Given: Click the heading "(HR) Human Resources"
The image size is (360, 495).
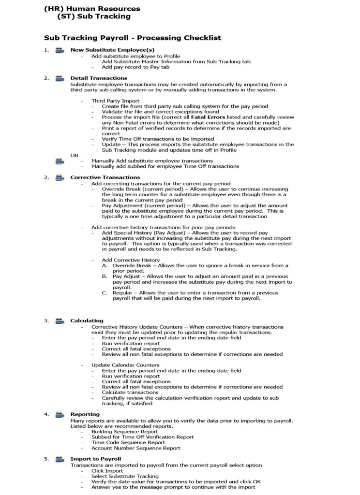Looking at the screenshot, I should [92, 9].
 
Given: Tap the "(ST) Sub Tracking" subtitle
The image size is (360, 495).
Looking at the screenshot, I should [93, 16].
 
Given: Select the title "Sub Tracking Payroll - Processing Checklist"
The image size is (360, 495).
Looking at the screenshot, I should [133, 38].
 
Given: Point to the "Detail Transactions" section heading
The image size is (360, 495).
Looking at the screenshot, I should [99, 78].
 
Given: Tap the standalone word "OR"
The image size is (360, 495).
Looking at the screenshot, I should [75, 156].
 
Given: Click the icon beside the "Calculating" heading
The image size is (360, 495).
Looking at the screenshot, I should [60, 320].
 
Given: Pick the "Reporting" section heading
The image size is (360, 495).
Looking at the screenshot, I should [85, 414].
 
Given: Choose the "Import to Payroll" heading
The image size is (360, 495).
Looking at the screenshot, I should [95, 459].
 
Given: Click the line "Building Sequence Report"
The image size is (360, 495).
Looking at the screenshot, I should [124, 431].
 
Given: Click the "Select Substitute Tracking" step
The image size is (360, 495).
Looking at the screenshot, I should [125, 476].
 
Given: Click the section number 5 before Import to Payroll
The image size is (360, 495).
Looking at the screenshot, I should [46, 459].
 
